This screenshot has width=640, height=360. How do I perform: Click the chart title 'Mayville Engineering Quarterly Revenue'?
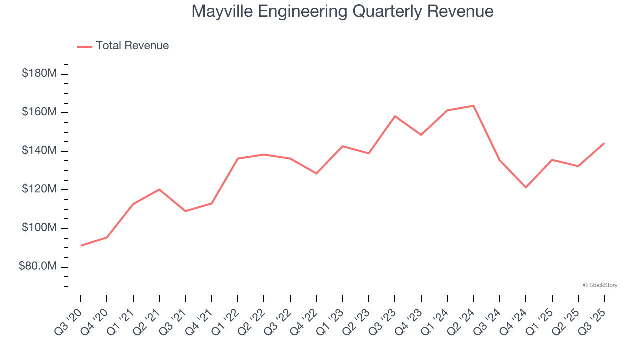(x=342, y=11)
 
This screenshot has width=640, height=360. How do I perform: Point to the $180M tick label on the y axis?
(x=39, y=74)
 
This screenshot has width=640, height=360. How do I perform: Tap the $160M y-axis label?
(x=39, y=112)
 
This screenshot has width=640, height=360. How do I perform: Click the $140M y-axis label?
(x=39, y=151)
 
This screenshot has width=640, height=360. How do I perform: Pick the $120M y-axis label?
(x=39, y=189)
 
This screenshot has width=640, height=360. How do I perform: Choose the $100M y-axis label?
(x=39, y=228)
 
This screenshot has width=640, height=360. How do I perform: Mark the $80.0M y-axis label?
(x=37, y=266)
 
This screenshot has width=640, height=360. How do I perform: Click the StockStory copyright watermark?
(x=600, y=285)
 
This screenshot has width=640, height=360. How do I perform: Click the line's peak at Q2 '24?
(x=473, y=106)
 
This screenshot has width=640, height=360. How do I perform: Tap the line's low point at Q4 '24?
(x=526, y=187)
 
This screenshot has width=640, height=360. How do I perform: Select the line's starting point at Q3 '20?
(x=81, y=245)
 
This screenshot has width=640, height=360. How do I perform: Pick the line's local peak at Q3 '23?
(x=395, y=116)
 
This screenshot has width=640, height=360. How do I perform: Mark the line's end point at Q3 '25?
(x=604, y=143)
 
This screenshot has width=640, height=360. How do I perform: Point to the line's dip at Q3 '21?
(x=185, y=211)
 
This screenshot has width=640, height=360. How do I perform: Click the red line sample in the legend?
(x=85, y=46)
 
